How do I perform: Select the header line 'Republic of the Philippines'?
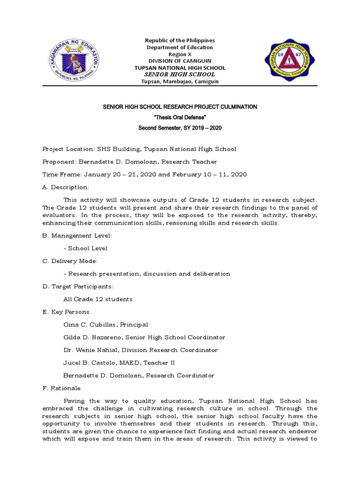coord(180,41)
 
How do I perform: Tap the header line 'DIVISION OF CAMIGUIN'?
coord(180,61)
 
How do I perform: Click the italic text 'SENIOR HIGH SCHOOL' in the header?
coord(180,75)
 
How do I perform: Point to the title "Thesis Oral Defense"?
coord(180,117)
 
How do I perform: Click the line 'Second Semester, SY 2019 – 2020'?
coord(180,127)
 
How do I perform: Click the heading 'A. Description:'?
coord(66,187)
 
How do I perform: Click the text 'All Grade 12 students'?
coord(98,299)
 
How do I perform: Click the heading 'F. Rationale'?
coord(61,388)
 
